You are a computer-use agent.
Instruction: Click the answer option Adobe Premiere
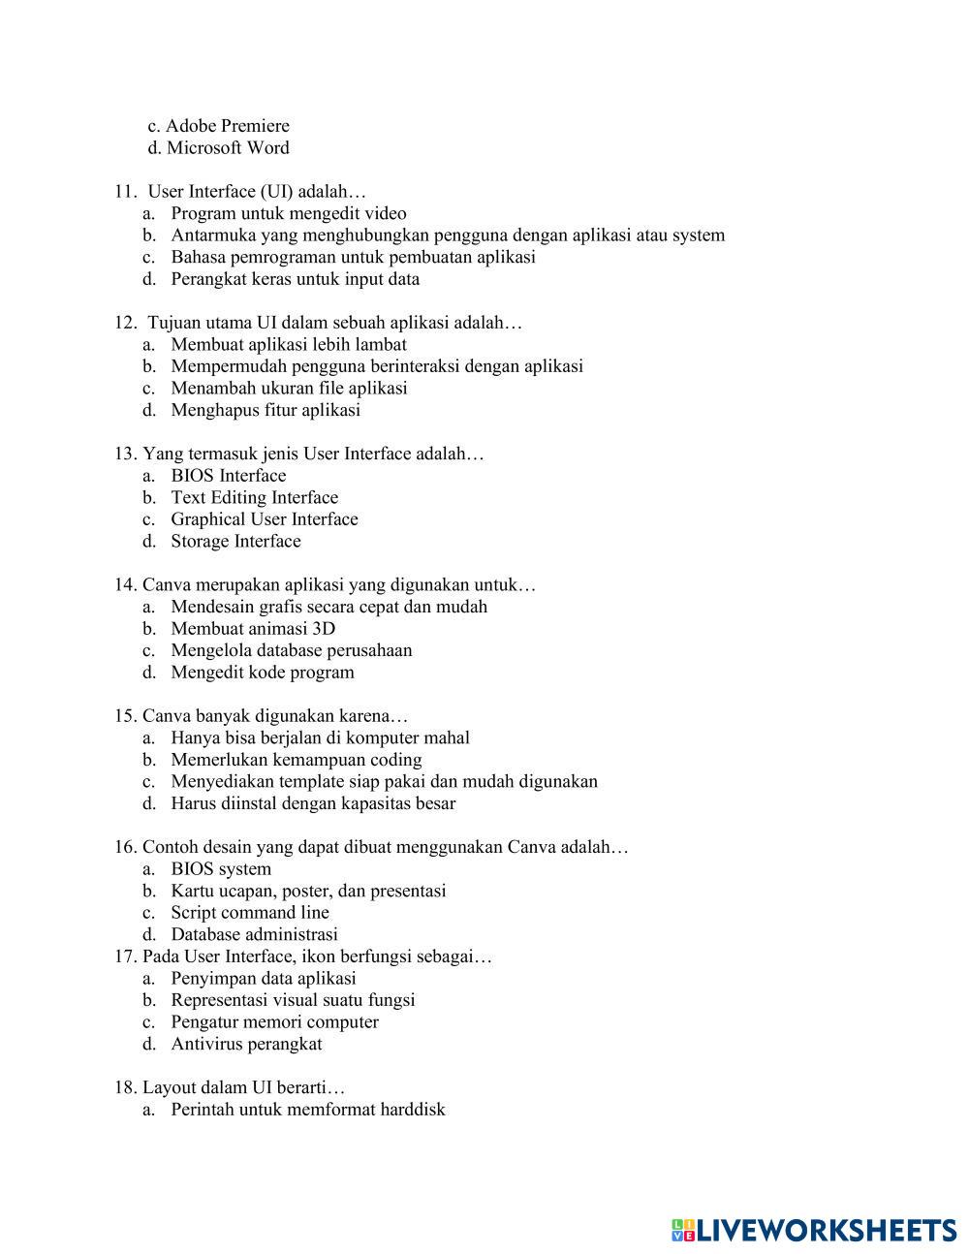click(227, 126)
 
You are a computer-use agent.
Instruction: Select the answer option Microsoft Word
click(227, 148)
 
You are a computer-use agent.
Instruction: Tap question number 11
click(127, 192)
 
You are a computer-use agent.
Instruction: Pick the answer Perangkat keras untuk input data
click(295, 279)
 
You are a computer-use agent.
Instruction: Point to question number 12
click(127, 323)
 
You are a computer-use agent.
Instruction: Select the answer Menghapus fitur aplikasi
click(266, 410)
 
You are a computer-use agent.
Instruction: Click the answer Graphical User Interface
click(265, 519)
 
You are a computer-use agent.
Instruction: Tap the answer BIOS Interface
click(229, 476)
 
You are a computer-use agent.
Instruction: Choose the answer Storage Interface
click(235, 541)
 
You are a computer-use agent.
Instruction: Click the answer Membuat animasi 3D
click(253, 628)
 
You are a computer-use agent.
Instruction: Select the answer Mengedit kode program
click(263, 673)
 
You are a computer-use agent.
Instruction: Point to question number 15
click(126, 716)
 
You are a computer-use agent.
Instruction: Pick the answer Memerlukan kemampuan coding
click(297, 760)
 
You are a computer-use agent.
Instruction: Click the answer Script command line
click(250, 913)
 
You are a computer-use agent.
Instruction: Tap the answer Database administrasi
click(254, 935)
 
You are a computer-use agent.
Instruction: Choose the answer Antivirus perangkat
click(246, 1045)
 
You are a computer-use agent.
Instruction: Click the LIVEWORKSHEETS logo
click(814, 1231)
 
